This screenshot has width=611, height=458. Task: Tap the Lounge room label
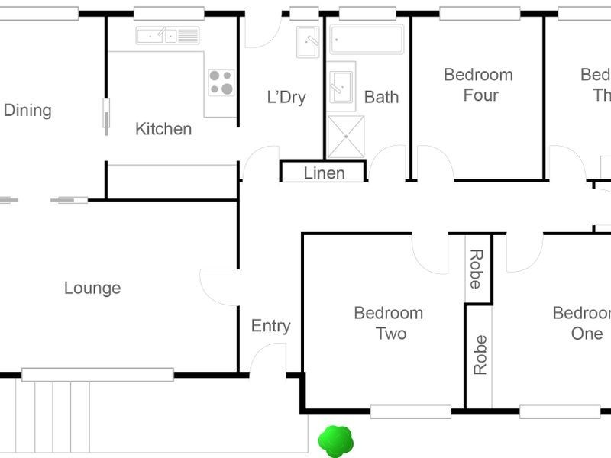(92, 288)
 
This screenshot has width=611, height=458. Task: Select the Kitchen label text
(163, 128)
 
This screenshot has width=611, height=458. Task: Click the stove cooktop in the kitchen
(221, 82)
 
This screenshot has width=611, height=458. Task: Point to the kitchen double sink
(167, 35)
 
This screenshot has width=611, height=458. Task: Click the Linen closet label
(324, 173)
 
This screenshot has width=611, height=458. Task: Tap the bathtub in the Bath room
(367, 39)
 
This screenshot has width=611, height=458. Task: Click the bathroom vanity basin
(341, 85)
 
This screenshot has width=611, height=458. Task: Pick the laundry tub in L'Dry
(308, 41)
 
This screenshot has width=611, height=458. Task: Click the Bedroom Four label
(478, 85)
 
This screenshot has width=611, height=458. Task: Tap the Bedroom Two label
(388, 323)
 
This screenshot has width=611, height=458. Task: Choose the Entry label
(270, 326)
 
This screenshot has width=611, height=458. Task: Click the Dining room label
(27, 110)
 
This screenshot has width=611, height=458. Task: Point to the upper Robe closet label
(476, 269)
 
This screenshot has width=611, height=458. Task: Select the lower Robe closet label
(480, 355)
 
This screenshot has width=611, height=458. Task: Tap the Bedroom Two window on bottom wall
(410, 411)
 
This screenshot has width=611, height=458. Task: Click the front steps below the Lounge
(53, 416)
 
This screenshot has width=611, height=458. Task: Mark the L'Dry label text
(286, 97)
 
